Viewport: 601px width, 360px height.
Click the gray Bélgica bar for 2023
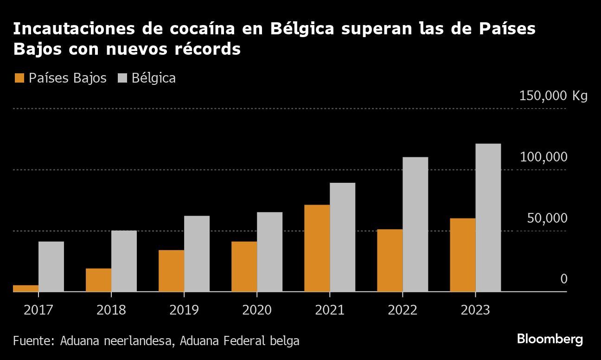[488, 218]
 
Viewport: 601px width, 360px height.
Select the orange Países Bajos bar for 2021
[317, 248]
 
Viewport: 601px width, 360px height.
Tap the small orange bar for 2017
[26, 288]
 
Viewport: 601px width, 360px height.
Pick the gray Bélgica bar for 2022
[415, 225]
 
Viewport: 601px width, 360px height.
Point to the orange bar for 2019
[171, 271]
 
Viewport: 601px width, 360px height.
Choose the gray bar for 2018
[124, 261]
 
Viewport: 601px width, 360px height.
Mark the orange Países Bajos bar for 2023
[462, 255]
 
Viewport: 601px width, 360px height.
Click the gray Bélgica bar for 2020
[269, 252]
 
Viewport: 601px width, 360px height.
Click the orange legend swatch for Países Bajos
[19, 78]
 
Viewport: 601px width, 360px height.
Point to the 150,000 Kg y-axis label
[553, 96]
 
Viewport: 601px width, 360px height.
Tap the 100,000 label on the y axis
[543, 157]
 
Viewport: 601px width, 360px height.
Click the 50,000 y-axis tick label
[547, 218]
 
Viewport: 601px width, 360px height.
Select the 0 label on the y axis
[563, 279]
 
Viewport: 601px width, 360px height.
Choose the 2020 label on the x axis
[257, 310]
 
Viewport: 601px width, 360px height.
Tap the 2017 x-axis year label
[38, 310]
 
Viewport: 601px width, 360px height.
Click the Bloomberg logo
[550, 339]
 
